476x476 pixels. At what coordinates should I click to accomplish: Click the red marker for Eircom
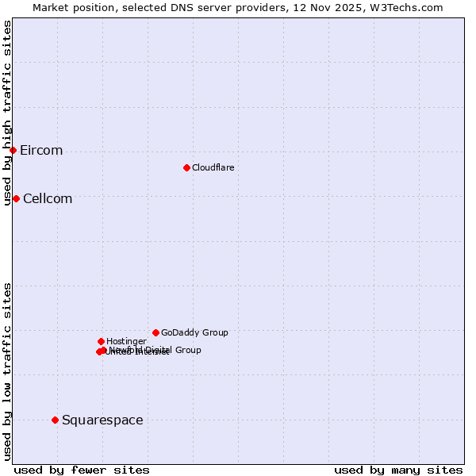(x=13, y=150)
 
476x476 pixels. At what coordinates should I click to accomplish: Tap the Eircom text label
(x=41, y=151)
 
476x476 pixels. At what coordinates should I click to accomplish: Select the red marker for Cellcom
(x=16, y=198)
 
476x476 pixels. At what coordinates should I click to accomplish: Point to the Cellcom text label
(x=48, y=199)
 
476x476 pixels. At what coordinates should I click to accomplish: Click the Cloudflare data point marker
(x=186, y=167)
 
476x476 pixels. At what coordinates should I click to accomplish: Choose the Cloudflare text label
(x=213, y=168)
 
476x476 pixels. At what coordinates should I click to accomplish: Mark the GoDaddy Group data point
(x=155, y=332)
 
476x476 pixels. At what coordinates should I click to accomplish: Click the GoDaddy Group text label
(x=194, y=333)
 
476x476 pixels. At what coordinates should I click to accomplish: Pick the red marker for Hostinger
(x=101, y=341)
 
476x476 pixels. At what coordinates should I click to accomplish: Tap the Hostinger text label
(x=126, y=342)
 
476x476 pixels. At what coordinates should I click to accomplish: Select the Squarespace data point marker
(x=55, y=420)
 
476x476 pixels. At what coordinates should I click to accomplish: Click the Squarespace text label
(x=102, y=420)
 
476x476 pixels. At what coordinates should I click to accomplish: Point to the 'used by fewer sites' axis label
(x=82, y=470)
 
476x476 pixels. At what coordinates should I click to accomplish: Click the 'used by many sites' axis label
(x=398, y=470)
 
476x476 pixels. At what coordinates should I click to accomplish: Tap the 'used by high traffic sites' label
(x=8, y=113)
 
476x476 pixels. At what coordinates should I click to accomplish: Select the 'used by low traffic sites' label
(x=8, y=371)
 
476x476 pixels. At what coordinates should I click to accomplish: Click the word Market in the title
(x=49, y=7)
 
